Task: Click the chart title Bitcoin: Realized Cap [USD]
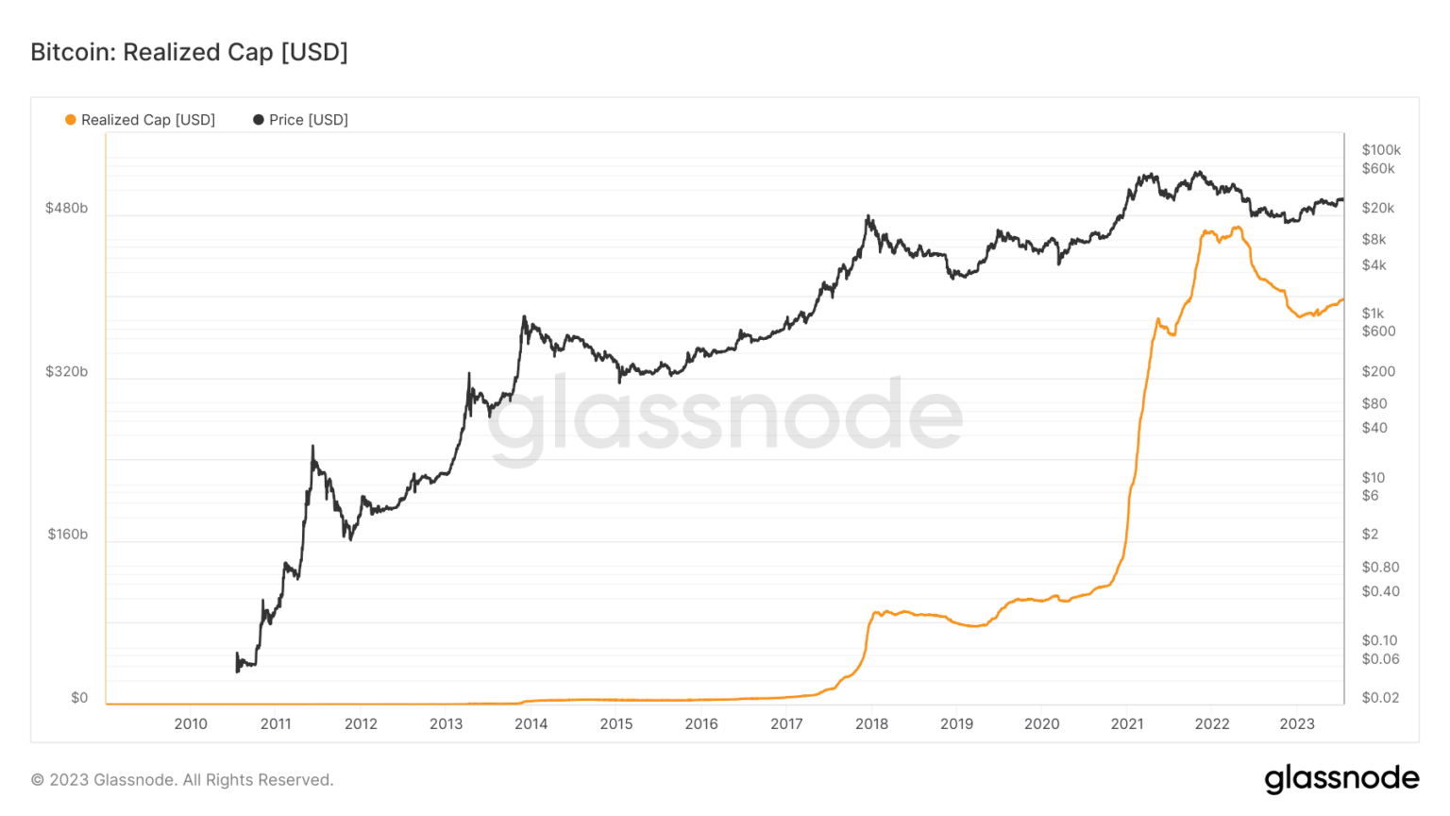click(189, 52)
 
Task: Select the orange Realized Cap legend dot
click(70, 120)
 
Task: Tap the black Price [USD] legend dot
click(258, 120)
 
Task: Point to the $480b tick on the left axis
click(66, 208)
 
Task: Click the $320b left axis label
click(66, 371)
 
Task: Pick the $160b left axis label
click(67, 535)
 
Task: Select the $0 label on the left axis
click(79, 698)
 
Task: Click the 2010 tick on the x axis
click(191, 724)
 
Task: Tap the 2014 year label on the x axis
click(531, 724)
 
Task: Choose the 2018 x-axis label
click(871, 724)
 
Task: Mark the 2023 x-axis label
click(1297, 724)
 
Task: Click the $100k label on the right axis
click(1381, 150)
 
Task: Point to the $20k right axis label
click(1377, 208)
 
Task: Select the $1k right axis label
click(1373, 314)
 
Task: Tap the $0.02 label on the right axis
click(1380, 698)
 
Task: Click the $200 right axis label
click(1378, 371)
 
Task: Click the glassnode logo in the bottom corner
click(1341, 778)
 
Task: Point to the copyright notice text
click(182, 780)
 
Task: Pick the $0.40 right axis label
click(1380, 591)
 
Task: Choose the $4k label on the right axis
click(1374, 265)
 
